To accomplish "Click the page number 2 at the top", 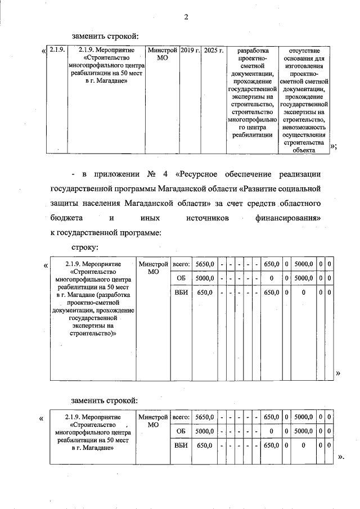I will [x=185, y=17].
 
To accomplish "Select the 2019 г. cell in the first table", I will [x=191, y=51].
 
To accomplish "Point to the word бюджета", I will [x=67, y=217].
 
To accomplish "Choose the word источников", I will [x=208, y=217].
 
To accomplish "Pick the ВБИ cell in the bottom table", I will [x=181, y=445].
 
